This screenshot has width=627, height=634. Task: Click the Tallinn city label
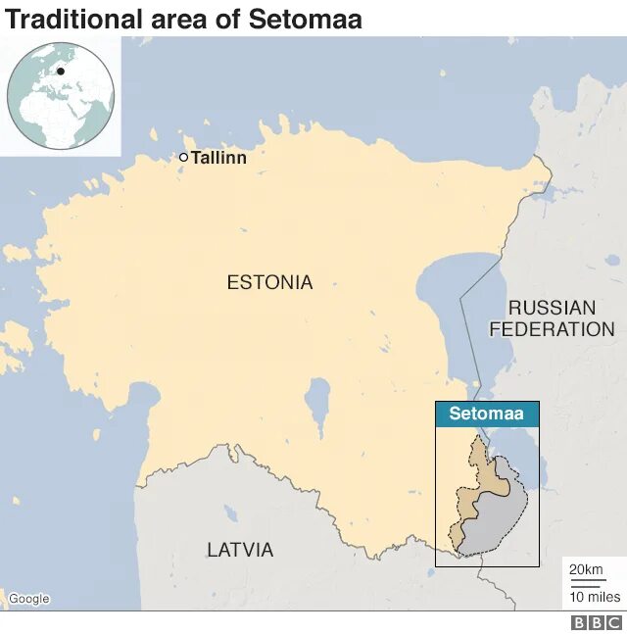[218, 157]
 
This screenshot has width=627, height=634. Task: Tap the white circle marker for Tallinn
[183, 157]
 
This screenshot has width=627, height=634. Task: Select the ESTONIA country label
[269, 282]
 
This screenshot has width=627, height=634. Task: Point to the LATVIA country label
[240, 550]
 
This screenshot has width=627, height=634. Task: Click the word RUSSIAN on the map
[552, 308]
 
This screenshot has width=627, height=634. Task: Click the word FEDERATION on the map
[552, 329]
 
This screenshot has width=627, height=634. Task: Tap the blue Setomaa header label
[487, 414]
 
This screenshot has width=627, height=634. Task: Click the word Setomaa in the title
[306, 19]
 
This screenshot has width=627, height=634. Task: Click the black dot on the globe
[61, 72]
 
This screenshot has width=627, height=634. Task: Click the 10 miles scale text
[596, 596]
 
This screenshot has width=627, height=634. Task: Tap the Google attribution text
[28, 599]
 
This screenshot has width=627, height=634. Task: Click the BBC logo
[596, 622]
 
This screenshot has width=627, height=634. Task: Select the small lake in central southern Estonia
[317, 402]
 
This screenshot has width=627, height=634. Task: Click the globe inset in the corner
[61, 95]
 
